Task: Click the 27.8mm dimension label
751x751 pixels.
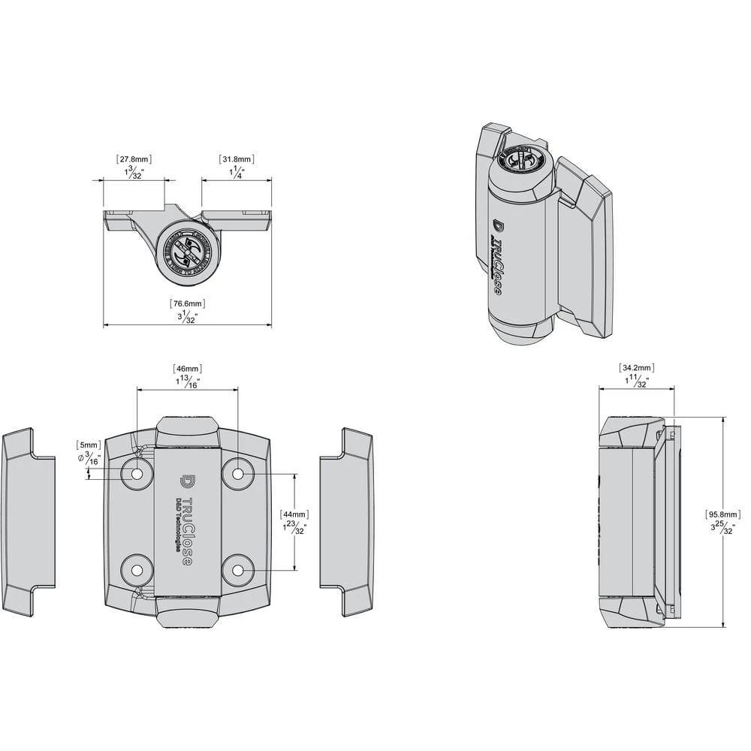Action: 134,159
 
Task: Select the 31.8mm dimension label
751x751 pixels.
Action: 237,159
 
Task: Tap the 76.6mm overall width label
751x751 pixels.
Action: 187,303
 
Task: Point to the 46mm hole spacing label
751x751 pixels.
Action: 187,369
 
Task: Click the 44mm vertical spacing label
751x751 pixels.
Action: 294,514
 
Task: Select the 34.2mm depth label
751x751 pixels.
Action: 636,368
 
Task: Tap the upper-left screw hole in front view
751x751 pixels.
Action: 137,474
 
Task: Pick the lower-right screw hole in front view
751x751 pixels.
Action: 238,570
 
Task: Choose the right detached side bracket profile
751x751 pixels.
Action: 348,522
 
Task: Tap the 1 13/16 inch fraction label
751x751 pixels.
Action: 187,382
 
